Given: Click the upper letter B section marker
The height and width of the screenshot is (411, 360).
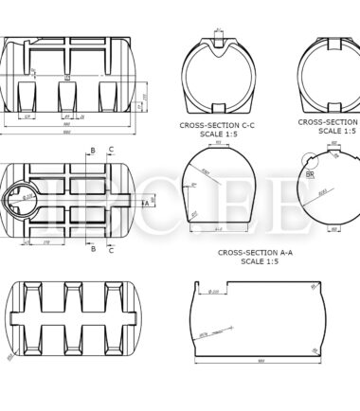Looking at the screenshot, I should click(x=93, y=150).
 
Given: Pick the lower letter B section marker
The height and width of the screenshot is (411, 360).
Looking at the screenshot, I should click(x=93, y=249).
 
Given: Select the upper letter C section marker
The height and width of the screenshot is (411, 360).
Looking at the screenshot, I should click(x=111, y=150).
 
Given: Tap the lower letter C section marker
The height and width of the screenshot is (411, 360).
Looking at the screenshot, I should click(x=111, y=250).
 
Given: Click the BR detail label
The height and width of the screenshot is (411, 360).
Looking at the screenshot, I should click(x=310, y=174).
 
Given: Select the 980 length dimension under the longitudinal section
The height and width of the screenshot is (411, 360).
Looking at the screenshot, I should click(x=257, y=361).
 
